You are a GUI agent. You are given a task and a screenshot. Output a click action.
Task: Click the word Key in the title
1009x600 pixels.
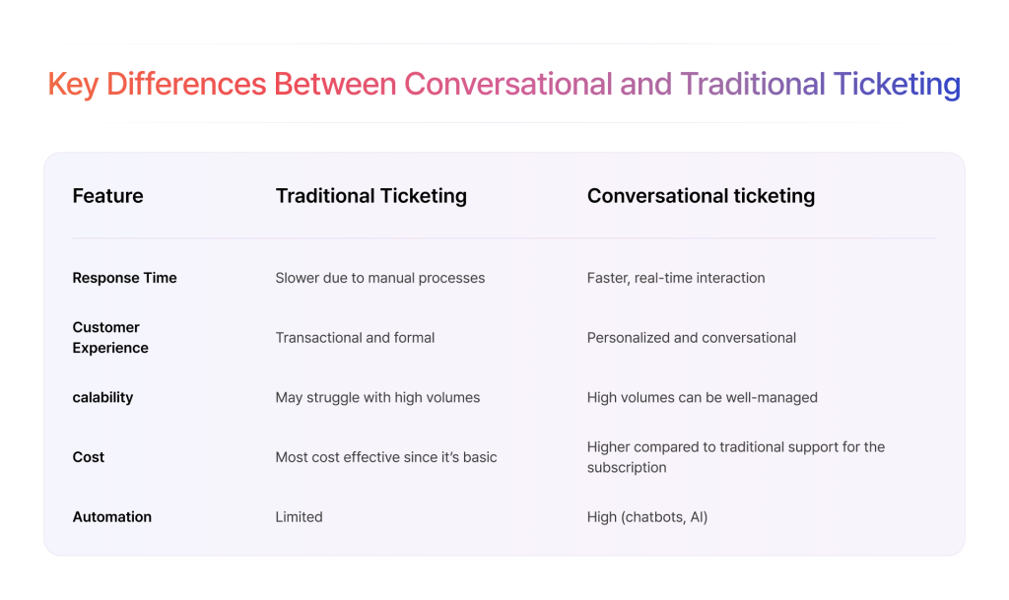[73, 86]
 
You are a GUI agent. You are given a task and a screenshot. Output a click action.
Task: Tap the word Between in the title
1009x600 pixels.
[335, 85]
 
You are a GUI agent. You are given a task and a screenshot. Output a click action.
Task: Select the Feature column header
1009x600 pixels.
[107, 195]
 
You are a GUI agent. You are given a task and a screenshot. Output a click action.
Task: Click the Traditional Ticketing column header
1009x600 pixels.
[371, 196]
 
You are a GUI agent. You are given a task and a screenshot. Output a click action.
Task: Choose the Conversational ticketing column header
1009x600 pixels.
[701, 196]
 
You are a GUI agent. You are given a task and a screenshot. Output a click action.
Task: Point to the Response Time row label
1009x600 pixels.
[124, 278]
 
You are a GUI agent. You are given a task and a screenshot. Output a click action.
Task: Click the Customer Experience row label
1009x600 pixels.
[110, 338]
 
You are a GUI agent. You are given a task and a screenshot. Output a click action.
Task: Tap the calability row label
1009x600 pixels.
[102, 397]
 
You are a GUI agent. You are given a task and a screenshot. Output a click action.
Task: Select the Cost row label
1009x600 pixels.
[88, 457]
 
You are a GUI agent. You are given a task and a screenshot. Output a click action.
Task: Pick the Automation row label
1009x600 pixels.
[112, 517]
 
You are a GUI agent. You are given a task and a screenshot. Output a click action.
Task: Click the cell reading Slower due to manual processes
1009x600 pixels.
[380, 278]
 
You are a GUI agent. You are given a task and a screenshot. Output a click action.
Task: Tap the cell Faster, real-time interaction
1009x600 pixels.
[676, 278]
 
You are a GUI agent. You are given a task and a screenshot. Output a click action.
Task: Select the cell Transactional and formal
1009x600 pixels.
[355, 338]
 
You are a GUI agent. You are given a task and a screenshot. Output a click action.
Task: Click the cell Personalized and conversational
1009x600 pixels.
[691, 338]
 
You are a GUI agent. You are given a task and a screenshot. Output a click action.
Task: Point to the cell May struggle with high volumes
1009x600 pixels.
[377, 397]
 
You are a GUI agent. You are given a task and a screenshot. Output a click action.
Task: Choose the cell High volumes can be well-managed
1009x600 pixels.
[702, 397]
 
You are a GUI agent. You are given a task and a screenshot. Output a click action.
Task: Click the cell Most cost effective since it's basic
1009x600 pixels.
[386, 457]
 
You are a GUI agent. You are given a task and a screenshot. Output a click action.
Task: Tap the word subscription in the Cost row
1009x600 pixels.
[627, 468]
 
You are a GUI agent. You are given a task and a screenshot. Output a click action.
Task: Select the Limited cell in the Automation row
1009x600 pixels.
[300, 517]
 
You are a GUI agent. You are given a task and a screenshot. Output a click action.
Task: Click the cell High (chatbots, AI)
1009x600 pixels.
[647, 517]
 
